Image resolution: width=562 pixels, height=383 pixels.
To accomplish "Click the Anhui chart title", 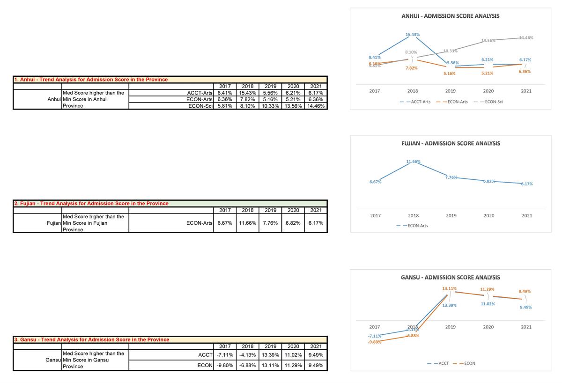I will pos(450,16).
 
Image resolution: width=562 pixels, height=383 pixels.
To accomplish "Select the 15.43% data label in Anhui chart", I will pos(413,35).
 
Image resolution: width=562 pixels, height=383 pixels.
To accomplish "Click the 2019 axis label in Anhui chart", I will pos(451,91).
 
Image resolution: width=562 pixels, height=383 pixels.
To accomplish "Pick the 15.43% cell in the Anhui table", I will pos(247,93).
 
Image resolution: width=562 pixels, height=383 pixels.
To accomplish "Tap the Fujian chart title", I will pos(451,143).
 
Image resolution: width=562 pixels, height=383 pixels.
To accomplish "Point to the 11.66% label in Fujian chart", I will pos(413,162).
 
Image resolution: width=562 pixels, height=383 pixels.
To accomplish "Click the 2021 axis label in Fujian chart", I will pos(526,216).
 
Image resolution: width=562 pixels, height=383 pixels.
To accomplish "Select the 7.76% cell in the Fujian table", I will pos(270,223).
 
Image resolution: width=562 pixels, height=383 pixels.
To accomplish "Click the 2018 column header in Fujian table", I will pos(247,210).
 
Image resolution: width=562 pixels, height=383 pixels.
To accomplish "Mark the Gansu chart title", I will pos(450,278).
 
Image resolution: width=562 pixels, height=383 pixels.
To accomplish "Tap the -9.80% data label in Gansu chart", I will pos(375,342).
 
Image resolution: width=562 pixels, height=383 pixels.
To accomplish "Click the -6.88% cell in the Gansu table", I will pos(247,366).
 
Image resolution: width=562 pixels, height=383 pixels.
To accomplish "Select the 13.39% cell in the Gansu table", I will pos(270,354).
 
